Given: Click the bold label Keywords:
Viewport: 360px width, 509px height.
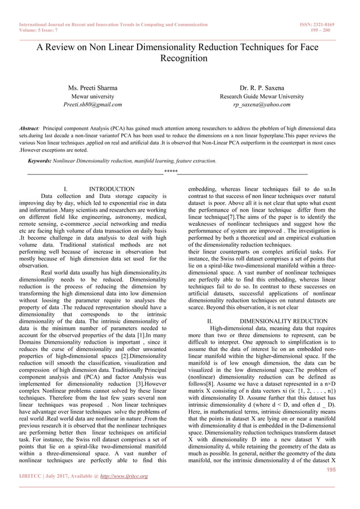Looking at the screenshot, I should (42, 161).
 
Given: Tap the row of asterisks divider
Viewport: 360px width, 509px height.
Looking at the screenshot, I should (170, 171).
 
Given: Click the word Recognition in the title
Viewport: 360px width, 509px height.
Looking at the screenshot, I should (180, 58).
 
